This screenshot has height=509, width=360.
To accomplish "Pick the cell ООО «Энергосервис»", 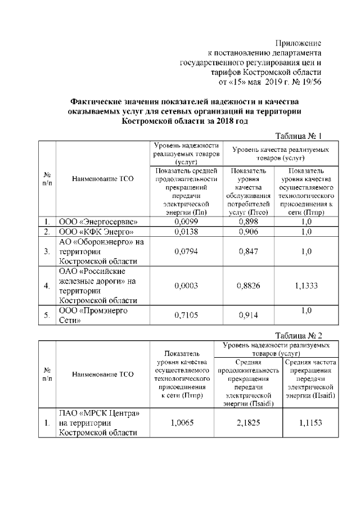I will point(98,222).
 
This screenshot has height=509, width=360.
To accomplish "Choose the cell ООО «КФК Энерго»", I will point(96,232).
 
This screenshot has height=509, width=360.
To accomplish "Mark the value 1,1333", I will point(306,286).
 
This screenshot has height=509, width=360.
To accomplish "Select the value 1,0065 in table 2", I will point(182,423).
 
